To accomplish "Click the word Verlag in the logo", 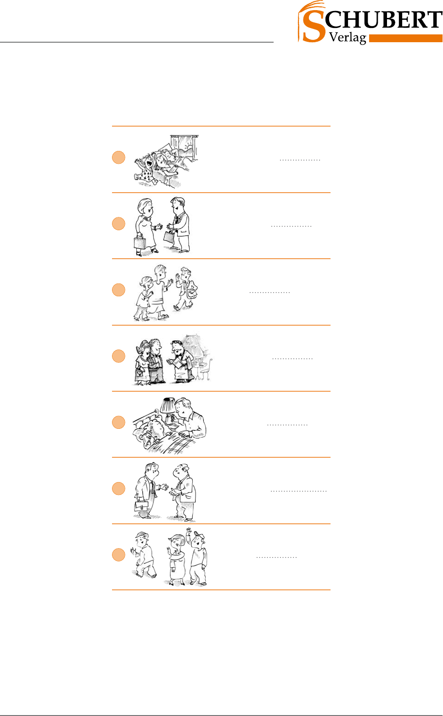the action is (348, 38).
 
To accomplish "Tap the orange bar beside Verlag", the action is (405, 39).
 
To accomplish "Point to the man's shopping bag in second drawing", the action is (169, 236).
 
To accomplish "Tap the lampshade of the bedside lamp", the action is (167, 405).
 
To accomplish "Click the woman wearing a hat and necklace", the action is (142, 363).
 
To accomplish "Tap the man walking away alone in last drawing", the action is (144, 555).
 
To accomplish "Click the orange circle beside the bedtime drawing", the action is (118, 422).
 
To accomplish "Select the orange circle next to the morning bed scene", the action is (118, 157).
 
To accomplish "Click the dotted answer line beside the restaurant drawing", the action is (292, 359).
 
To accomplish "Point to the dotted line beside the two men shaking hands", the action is (299, 491).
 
